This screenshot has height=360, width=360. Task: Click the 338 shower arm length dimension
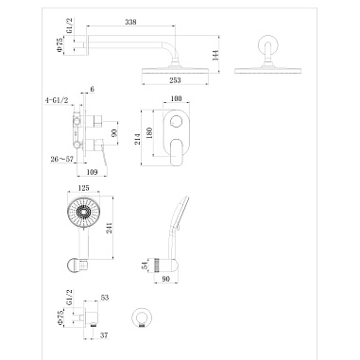coord(130,22)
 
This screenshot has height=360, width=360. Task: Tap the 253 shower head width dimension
coord(175,80)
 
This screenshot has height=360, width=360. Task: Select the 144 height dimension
coord(216,55)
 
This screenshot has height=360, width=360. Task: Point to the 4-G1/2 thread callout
coord(57,100)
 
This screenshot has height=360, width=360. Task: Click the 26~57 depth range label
coord(61,159)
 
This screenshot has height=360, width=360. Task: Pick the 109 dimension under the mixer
coord(92,172)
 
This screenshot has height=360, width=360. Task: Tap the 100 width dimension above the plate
coord(176,98)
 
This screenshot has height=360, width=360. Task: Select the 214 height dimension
coord(138,139)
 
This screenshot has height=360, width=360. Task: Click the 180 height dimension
coord(149,132)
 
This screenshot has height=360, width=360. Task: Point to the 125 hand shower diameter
coord(83,188)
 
